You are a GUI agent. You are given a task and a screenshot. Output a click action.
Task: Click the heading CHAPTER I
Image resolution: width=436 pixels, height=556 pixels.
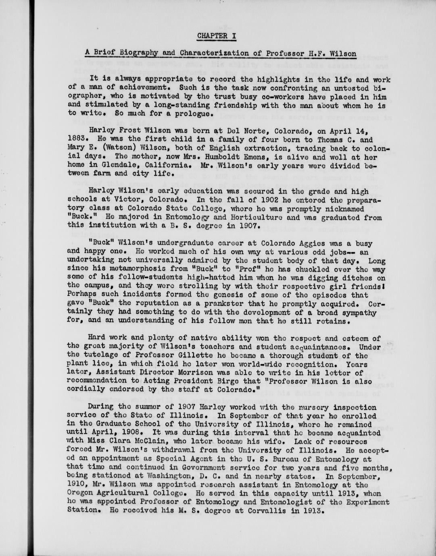click(217, 35)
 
